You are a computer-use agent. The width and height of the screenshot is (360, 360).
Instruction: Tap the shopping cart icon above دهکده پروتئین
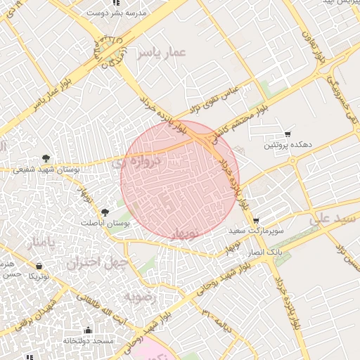287,134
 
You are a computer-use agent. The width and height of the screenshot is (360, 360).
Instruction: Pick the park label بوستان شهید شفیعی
46,170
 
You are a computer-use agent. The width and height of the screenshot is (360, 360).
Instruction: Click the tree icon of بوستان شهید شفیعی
46,158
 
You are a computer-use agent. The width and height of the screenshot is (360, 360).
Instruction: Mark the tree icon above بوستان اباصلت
105,211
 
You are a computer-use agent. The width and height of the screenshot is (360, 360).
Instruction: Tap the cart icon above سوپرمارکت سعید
255,219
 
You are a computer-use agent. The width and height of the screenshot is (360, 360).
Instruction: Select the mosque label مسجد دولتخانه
89,341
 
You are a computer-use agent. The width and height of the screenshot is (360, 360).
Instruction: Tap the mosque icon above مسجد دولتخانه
88,330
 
